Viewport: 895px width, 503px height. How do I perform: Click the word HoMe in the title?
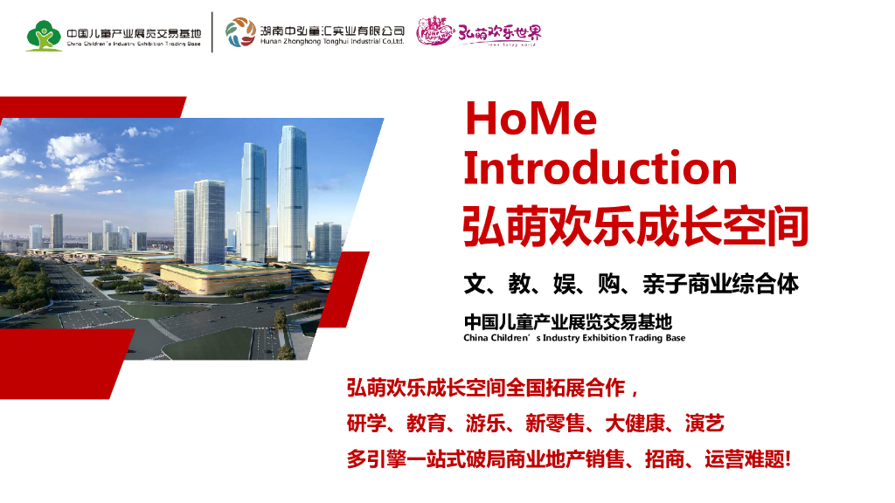pyautogui.click(x=531, y=120)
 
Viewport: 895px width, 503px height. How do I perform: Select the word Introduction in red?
pyautogui.click(x=600, y=167)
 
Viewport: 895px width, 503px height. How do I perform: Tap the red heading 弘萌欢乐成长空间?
pyautogui.click(x=635, y=226)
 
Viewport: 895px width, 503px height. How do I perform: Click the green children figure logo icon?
pyautogui.click(x=43, y=35)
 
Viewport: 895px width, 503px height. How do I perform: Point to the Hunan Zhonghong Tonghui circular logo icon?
pyautogui.click(x=240, y=32)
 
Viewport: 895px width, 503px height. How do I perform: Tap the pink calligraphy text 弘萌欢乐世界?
pyautogui.click(x=500, y=33)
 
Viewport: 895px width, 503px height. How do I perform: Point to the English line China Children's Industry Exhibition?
pyautogui.click(x=573, y=338)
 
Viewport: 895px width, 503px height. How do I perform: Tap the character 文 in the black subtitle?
pyautogui.click(x=474, y=284)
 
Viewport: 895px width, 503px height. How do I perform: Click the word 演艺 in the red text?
pyautogui.click(x=704, y=424)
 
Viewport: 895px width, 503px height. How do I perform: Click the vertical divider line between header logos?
pyautogui.click(x=212, y=32)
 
